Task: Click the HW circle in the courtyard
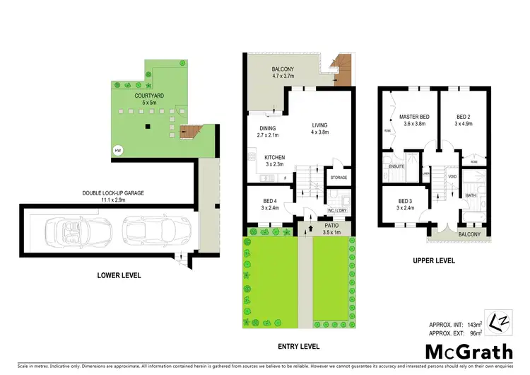[x=117, y=150]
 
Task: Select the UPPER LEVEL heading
[x=433, y=261]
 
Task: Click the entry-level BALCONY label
[x=288, y=69]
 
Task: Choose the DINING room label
[x=268, y=129]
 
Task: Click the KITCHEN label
[x=274, y=156]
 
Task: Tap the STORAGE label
[x=338, y=178]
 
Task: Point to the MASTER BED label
[x=414, y=116]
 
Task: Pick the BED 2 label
[x=463, y=116]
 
